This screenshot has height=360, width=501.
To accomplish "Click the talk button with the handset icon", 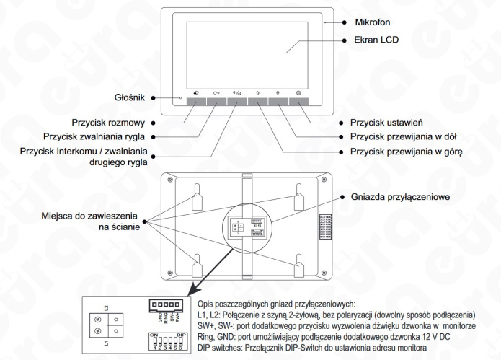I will point(196,102).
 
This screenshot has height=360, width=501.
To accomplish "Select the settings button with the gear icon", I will point(299,102).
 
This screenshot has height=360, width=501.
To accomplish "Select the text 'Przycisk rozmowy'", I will point(120,123).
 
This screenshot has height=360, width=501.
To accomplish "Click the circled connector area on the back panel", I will point(244,229).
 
